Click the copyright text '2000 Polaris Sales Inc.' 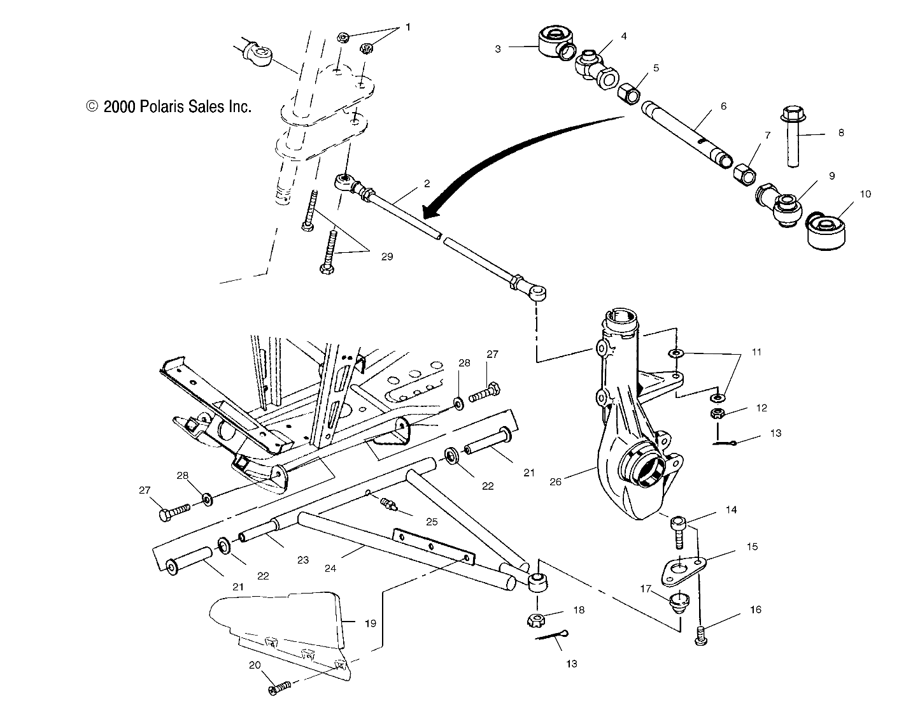pyautogui.click(x=169, y=107)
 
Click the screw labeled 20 pyautogui.click(x=280, y=687)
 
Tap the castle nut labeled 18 pyautogui.click(x=538, y=618)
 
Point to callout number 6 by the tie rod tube pyautogui.click(x=723, y=106)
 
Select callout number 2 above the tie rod pyautogui.click(x=427, y=183)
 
